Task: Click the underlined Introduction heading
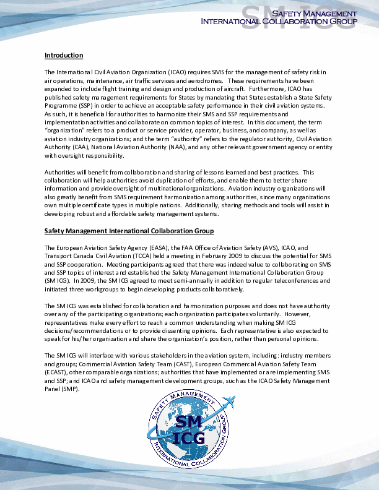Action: coord(64,56)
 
